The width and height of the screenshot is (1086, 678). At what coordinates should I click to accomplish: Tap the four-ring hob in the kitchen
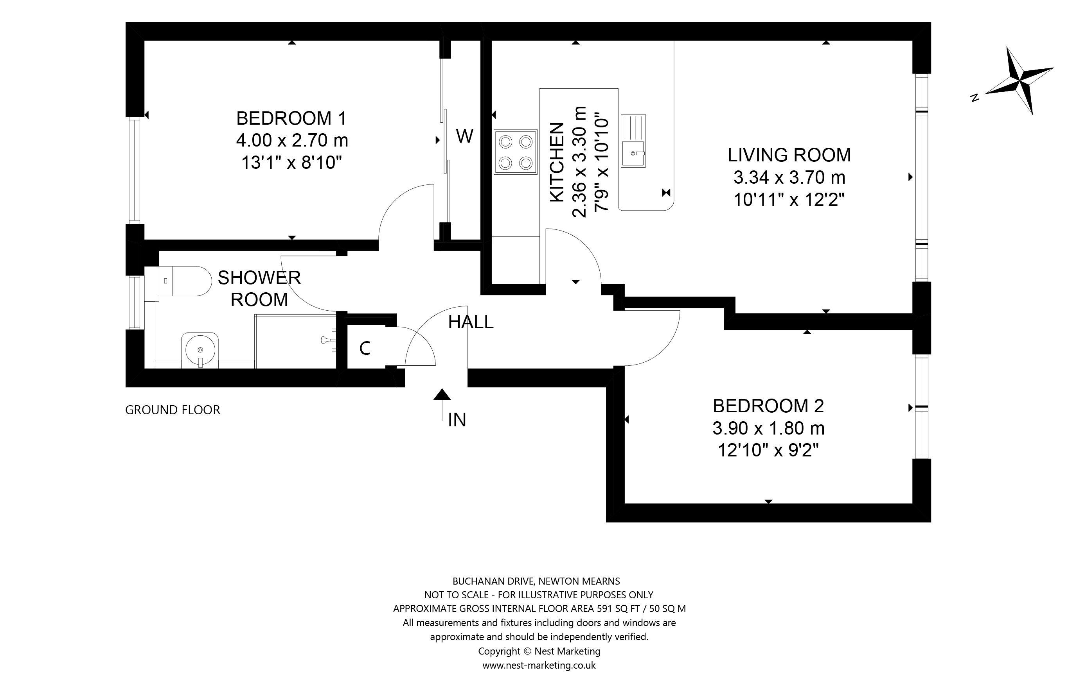click(515, 152)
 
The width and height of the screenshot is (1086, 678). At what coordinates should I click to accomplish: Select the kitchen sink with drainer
click(633, 141)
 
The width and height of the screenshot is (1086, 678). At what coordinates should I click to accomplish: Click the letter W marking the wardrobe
click(464, 136)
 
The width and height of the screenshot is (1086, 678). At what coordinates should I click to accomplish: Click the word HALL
click(471, 322)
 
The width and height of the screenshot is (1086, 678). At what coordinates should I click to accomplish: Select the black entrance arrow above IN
click(442, 395)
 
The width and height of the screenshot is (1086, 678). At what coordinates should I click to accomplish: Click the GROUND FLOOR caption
click(172, 410)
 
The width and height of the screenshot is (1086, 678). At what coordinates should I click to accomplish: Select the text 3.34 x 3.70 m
click(789, 177)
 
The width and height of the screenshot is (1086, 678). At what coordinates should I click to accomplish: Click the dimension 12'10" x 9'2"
click(768, 450)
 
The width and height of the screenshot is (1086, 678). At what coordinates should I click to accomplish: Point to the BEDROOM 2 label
click(768, 406)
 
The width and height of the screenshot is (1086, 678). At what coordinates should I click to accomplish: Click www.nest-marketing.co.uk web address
click(539, 665)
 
